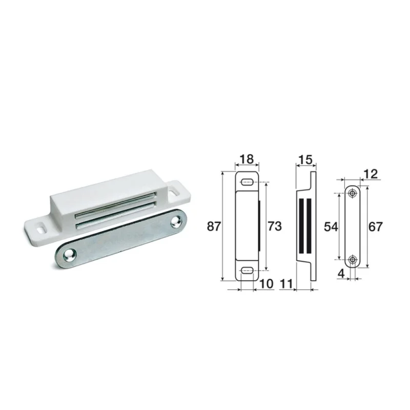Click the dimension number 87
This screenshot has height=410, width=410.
pos(214,226)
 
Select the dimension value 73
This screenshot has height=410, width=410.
pos(275,226)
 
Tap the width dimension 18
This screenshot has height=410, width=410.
pos(247,159)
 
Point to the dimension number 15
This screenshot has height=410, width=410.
pos(305,159)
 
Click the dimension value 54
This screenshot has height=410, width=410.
pos(331,227)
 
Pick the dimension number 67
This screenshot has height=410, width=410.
pos(376,227)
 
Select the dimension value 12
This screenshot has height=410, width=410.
pos(371,174)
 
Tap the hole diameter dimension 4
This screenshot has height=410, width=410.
pos(341,274)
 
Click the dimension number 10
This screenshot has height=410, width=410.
pos(266,284)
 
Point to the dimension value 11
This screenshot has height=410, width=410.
pos(286,284)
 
